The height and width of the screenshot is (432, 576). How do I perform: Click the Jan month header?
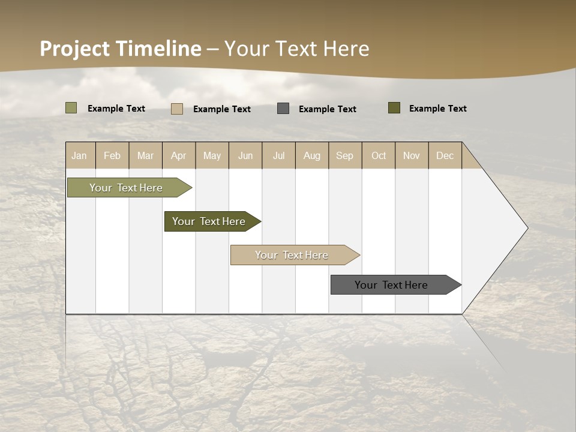[79, 155]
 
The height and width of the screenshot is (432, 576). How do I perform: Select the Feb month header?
[112, 155]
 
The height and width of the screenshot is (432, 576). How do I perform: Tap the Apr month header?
[178, 155]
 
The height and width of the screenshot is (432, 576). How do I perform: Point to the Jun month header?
[245, 155]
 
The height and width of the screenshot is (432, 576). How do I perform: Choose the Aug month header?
[311, 155]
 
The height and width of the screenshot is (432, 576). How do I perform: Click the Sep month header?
[344, 155]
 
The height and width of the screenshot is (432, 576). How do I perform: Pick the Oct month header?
[379, 155]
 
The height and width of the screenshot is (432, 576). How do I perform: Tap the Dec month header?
[445, 155]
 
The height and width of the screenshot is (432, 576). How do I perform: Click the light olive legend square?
[71, 108]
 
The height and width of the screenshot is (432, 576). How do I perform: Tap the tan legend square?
[177, 109]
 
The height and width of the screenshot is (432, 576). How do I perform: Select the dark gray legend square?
[283, 109]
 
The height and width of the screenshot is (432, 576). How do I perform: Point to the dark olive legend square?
[394, 108]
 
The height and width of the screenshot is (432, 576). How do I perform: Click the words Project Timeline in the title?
[121, 49]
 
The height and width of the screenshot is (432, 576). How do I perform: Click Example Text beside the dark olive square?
[437, 109]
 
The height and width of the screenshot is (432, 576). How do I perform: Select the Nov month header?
[412, 155]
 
